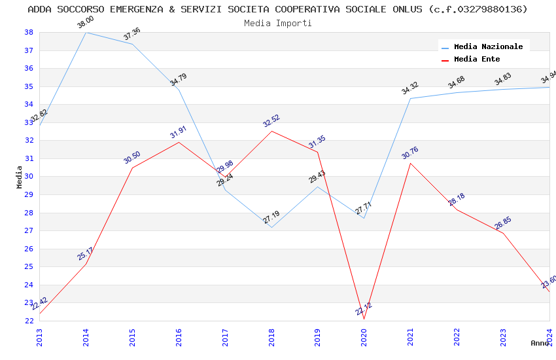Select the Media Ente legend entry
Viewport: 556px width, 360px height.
[x=477, y=59]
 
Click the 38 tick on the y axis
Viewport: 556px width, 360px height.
[x=29, y=32]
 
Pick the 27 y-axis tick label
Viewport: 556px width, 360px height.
[x=29, y=230]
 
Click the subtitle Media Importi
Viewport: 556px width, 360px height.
[x=278, y=23]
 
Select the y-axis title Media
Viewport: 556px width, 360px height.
[x=20, y=177]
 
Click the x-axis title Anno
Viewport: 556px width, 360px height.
[x=540, y=343]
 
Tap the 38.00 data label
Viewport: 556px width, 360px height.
[x=86, y=23]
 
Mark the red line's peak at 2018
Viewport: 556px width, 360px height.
[x=271, y=131]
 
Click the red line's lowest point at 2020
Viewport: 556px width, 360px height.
[x=364, y=319]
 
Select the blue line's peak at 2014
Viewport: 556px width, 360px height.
[x=86, y=32]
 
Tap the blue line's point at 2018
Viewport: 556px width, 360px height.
[x=271, y=227]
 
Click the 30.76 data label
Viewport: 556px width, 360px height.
[x=410, y=153]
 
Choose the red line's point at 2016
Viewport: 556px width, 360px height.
[x=179, y=142]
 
